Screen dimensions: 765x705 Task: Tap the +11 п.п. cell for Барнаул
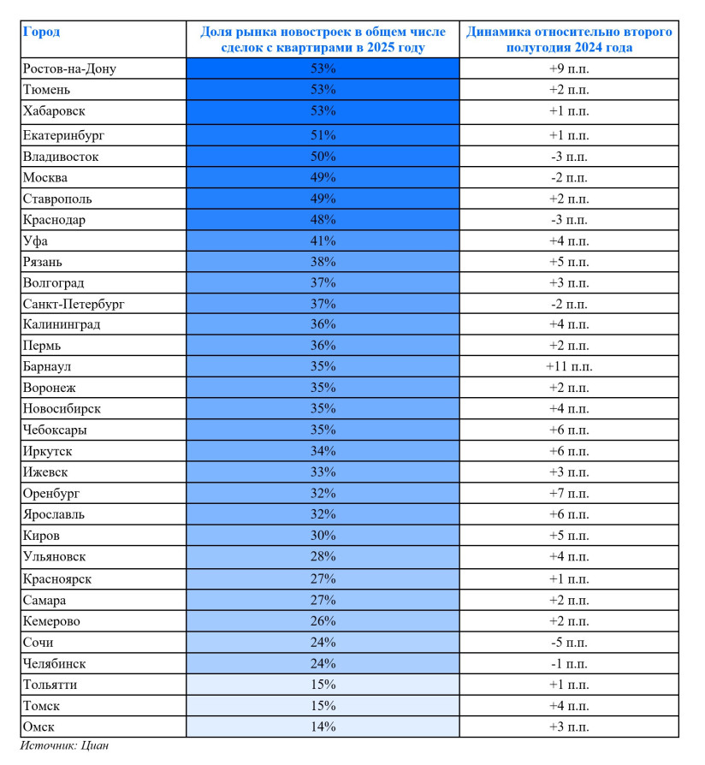[568, 366]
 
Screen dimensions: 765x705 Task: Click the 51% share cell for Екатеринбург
[323, 135]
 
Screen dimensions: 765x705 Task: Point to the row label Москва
[45, 178]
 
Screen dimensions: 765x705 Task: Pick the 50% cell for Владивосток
[323, 157]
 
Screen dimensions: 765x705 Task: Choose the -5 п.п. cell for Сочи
[568, 643]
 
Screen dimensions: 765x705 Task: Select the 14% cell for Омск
[323, 726]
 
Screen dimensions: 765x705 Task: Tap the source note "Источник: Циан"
[64, 745]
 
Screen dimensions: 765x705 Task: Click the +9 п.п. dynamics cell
[568, 68]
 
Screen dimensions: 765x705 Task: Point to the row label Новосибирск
[62, 409]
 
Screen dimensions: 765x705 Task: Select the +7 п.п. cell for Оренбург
[568, 494]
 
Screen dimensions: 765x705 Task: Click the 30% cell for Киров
[323, 537]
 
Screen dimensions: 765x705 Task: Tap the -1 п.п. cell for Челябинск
[568, 663]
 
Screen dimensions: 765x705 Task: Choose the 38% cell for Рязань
[323, 262]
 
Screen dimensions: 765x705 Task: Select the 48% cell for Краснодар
[323, 220]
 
